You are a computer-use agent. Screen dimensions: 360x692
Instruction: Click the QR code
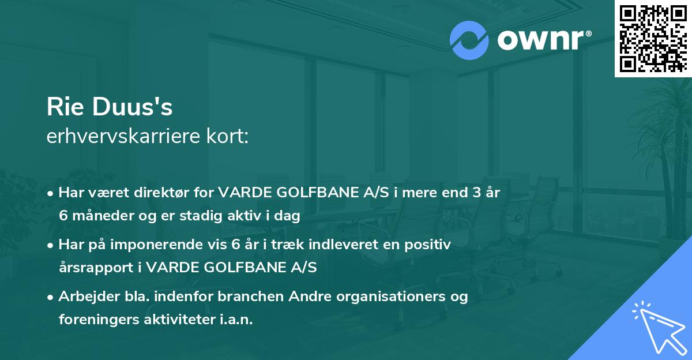(653, 39)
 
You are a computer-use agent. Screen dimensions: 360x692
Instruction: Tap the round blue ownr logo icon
(469, 40)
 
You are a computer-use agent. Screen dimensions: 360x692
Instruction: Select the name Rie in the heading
(64, 107)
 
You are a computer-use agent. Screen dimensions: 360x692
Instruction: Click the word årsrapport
(97, 268)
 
